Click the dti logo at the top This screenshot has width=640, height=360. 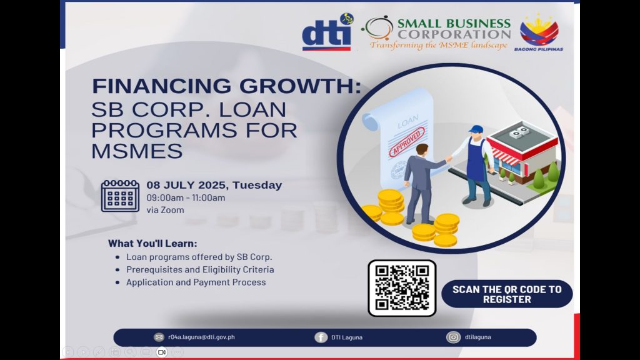[327, 36]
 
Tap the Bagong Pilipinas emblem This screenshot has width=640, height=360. [539, 32]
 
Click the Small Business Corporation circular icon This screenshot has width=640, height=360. [377, 28]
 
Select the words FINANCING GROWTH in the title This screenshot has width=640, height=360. [226, 86]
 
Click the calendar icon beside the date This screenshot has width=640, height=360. [120, 196]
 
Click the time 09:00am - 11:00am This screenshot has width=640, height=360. [186, 197]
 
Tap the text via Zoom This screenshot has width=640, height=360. [165, 210]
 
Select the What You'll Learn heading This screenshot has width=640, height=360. [152, 244]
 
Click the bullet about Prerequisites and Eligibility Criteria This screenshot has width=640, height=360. [200, 269]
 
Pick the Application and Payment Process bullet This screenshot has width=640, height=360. [196, 282]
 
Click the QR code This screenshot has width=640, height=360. [402, 287]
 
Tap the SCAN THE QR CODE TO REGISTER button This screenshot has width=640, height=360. [507, 294]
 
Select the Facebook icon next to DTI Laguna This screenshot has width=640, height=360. [321, 337]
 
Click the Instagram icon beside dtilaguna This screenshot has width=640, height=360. [452, 337]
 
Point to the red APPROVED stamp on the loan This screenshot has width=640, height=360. [407, 142]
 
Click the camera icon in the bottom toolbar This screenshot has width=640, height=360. [162, 352]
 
